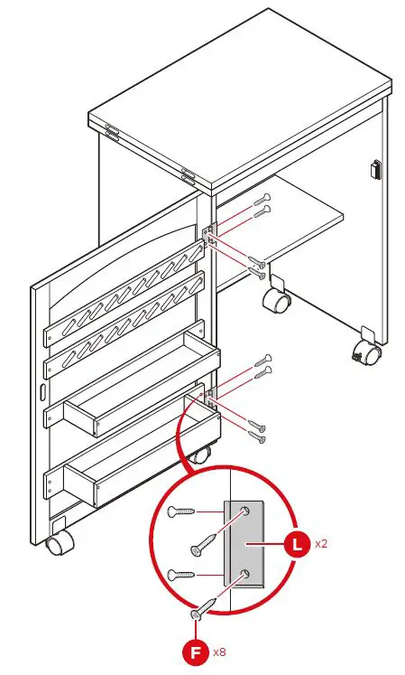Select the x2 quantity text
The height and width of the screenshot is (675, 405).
pos(321,545)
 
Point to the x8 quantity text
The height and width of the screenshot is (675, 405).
pos(220,652)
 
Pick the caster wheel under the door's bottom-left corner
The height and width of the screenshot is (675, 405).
pos(59,543)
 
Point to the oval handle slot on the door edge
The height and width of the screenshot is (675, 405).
pos(42,392)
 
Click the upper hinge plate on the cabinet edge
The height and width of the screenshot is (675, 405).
pos(210,237)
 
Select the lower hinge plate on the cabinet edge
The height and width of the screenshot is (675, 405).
pos(209,395)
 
